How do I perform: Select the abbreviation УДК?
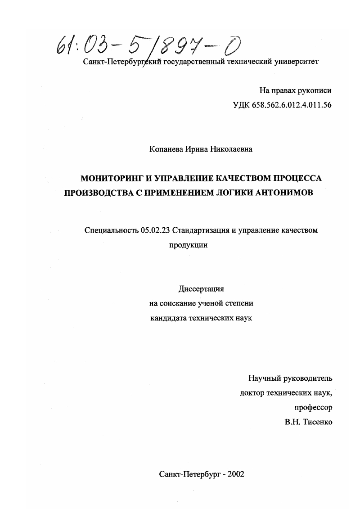241,105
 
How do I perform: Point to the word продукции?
188,245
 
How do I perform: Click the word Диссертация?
201,288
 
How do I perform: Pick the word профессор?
314,407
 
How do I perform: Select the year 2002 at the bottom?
235,474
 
